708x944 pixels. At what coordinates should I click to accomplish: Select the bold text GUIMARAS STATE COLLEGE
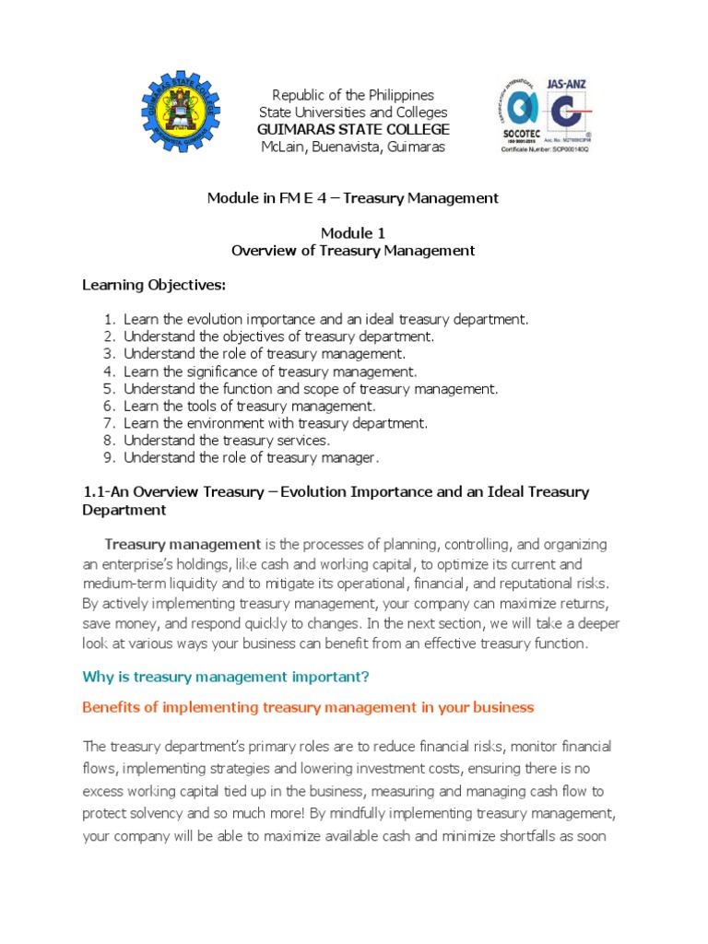[354, 129]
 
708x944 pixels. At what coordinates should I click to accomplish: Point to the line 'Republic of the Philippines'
[354, 95]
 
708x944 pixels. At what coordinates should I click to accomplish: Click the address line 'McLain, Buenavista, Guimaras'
[354, 147]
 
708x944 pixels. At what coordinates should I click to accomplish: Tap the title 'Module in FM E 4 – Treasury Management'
[354, 198]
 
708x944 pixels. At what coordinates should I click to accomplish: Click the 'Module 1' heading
[354, 232]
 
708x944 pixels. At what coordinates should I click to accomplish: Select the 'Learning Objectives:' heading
[154, 284]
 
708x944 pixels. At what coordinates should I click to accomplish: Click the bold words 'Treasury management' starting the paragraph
[183, 545]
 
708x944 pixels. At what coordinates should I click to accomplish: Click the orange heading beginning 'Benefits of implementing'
[308, 708]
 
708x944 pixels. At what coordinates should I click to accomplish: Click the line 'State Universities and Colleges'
[354, 112]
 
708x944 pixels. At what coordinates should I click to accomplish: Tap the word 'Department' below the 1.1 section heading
[124, 510]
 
